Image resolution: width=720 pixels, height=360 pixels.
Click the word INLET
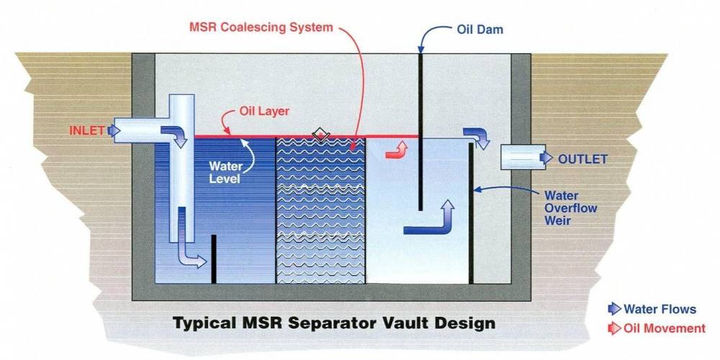tap(87, 130)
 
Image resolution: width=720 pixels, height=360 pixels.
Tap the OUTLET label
tap(582, 159)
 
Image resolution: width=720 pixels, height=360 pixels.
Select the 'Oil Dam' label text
tap(480, 30)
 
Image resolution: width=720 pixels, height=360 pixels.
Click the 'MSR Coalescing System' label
tap(261, 27)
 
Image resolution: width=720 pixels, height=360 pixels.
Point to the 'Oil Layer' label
tap(264, 112)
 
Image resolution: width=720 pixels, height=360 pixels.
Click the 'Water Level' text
tap(225, 172)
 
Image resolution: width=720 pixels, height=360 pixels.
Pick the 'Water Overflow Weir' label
tap(570, 207)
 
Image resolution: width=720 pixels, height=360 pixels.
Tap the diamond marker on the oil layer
tap(320, 134)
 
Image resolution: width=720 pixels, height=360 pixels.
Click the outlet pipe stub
tap(523, 157)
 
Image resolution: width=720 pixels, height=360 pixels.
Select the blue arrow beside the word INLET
tap(114, 131)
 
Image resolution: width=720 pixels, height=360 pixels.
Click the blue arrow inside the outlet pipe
tap(546, 158)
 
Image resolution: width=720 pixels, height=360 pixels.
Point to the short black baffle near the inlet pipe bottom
tap(214, 259)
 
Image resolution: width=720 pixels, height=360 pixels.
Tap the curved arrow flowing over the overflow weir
tap(477, 138)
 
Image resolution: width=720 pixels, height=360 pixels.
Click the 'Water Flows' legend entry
tap(652, 309)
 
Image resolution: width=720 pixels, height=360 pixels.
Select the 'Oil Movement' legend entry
tap(657, 328)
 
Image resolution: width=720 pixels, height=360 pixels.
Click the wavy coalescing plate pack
tap(320, 210)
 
